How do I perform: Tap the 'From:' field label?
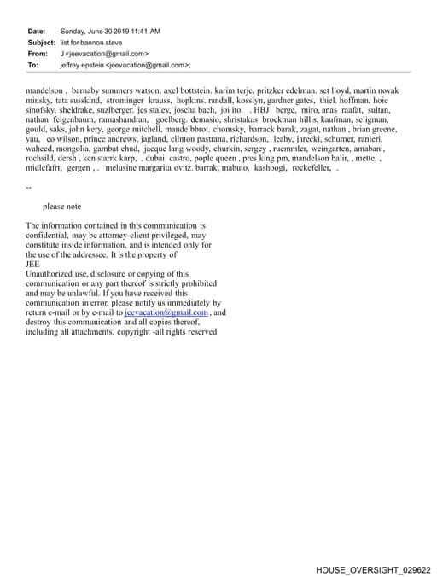[x=38, y=53]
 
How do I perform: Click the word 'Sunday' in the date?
[x=73, y=32]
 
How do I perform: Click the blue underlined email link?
[x=166, y=313]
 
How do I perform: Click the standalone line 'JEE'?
[x=33, y=265]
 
